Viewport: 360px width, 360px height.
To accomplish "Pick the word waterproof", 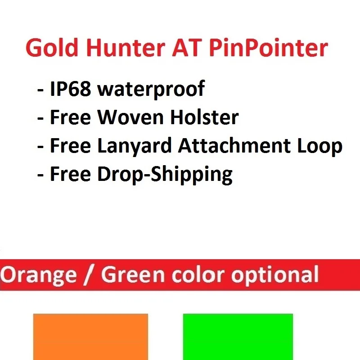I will pyautogui.click(x=151, y=90).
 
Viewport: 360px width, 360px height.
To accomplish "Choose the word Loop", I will pyautogui.click(x=321, y=146).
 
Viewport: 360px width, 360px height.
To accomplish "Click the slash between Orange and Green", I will pyautogui.click(x=89, y=274).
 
